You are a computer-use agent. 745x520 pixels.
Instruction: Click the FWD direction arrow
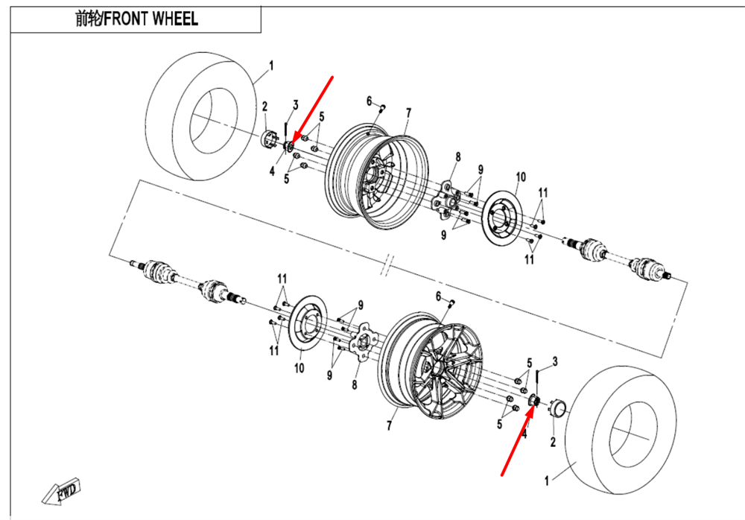coord(63,492)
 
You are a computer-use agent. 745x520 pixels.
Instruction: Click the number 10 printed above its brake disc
coord(520,177)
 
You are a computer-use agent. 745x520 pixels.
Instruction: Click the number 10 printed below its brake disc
coord(299,367)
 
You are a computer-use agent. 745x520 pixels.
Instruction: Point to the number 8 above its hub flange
coord(458,156)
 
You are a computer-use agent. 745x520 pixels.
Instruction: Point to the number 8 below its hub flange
coord(355,384)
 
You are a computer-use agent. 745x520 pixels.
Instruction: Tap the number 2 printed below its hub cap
coord(553,442)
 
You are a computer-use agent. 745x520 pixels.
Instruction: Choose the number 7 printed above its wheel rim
coord(408,112)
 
